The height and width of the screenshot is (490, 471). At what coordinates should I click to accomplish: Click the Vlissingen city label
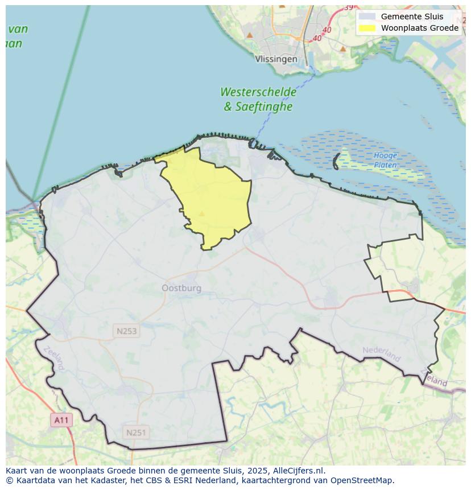tap(276, 59)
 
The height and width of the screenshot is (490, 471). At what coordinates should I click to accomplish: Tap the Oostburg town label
tap(181, 288)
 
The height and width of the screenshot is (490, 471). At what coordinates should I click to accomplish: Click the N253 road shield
tap(126, 331)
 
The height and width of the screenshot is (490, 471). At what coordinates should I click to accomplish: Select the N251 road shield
tap(136, 433)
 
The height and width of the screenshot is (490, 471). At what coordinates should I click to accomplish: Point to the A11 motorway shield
tap(61, 421)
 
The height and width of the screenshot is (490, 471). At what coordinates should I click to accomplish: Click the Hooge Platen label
tap(385, 160)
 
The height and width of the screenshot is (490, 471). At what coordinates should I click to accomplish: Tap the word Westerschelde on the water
tap(258, 92)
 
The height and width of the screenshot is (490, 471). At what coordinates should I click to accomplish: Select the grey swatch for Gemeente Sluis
tap(367, 17)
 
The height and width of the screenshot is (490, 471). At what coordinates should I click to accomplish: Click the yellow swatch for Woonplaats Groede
tap(367, 28)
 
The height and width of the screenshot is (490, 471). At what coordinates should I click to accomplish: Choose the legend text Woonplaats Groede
tap(419, 28)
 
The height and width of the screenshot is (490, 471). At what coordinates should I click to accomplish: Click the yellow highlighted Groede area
tap(213, 193)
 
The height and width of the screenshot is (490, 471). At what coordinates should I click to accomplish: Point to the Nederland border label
tap(381, 353)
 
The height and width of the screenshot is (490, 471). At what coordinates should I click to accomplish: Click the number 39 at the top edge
tap(348, 7)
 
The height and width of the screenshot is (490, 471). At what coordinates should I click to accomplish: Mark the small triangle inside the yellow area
tap(201, 214)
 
